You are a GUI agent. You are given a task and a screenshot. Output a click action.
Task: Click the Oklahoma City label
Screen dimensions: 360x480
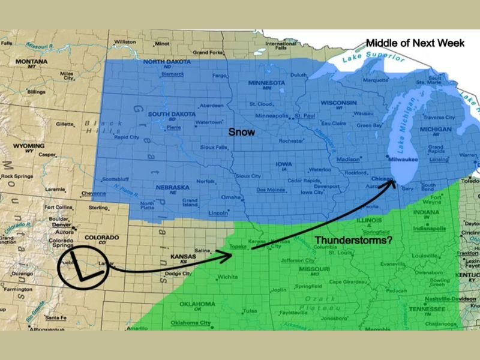pos(191,323)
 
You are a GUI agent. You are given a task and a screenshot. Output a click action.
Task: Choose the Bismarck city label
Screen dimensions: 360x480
pos(172,74)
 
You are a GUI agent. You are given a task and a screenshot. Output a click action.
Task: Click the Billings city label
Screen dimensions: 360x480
pos(36,92)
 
